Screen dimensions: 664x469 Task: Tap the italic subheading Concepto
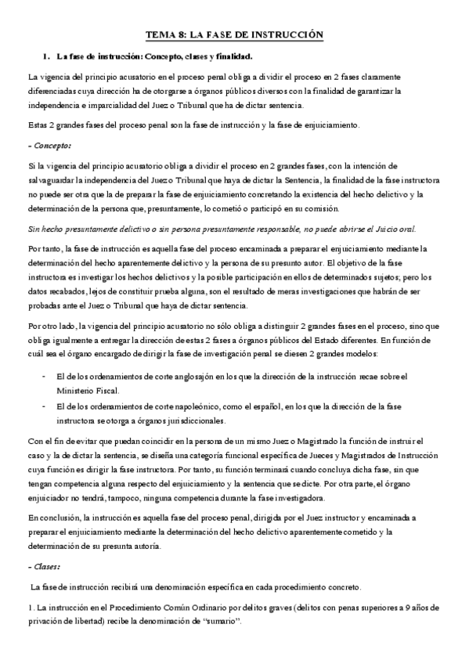(x=50, y=145)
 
